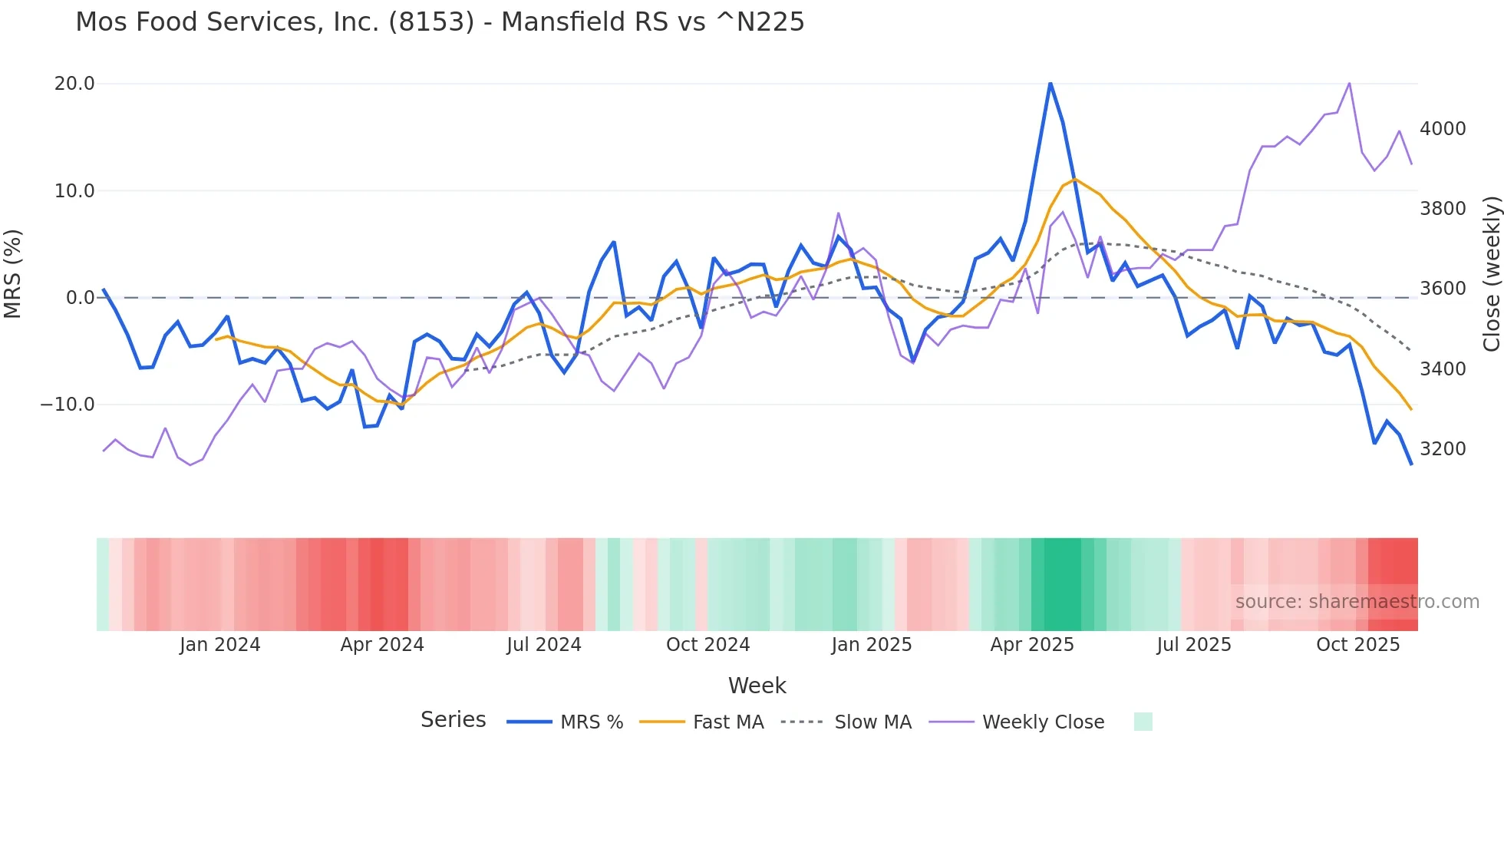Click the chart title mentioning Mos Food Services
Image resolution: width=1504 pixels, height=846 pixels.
(x=440, y=22)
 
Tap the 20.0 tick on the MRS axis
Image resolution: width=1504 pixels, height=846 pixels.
(x=74, y=84)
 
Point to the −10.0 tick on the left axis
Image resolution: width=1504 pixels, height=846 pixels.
(x=68, y=405)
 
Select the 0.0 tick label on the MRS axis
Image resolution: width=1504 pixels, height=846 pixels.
(x=80, y=298)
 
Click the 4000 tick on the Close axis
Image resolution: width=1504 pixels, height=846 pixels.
(x=1443, y=129)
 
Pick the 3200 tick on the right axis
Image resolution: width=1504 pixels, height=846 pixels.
(x=1443, y=449)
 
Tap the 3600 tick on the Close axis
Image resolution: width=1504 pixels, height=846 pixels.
(x=1443, y=289)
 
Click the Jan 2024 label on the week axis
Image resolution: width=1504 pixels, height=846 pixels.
(x=220, y=645)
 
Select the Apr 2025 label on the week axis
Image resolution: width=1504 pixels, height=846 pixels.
(x=1032, y=645)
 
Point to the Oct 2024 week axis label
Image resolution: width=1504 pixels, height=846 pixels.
(x=707, y=645)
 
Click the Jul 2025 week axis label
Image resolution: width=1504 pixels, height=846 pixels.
(x=1194, y=645)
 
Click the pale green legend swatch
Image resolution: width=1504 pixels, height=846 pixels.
(x=1143, y=722)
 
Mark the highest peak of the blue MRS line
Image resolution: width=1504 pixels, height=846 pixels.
(x=1050, y=83)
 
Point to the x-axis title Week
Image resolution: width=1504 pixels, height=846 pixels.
(x=757, y=686)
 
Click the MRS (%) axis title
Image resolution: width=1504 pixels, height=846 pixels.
(x=13, y=273)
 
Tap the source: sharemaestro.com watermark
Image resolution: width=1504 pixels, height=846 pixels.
(x=1357, y=602)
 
